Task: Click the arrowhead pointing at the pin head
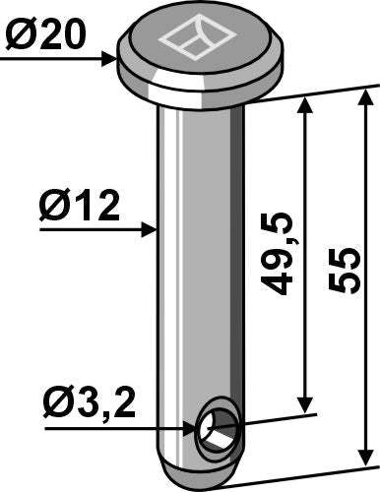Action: point(110,59)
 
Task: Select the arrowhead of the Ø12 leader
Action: point(151,229)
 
